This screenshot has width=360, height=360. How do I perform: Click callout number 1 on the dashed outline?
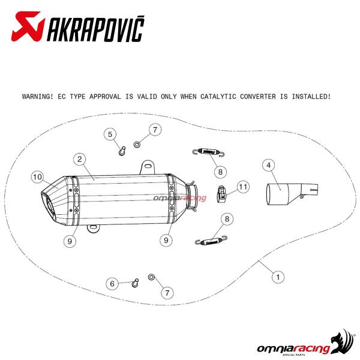point(278,277)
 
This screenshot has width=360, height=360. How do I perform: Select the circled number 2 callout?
point(80,159)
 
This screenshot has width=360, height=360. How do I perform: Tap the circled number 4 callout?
point(269,166)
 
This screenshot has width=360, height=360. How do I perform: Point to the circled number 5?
point(110,134)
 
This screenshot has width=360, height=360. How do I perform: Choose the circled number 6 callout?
point(112,284)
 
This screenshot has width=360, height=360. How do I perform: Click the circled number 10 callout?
point(37,177)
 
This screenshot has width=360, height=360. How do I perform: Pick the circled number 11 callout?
point(243,187)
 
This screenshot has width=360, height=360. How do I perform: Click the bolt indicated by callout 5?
point(122,151)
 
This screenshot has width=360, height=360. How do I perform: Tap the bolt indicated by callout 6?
point(136,283)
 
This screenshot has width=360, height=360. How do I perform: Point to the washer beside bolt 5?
point(137,145)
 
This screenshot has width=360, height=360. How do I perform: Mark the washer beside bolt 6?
point(151,277)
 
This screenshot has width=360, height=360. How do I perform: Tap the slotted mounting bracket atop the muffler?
point(148,167)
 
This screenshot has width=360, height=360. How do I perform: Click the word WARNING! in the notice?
point(38,97)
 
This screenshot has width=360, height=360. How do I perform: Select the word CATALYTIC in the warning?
point(218,97)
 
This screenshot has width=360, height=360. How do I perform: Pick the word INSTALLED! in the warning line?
point(311,97)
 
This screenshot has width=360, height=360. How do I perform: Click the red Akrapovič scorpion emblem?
point(28,26)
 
